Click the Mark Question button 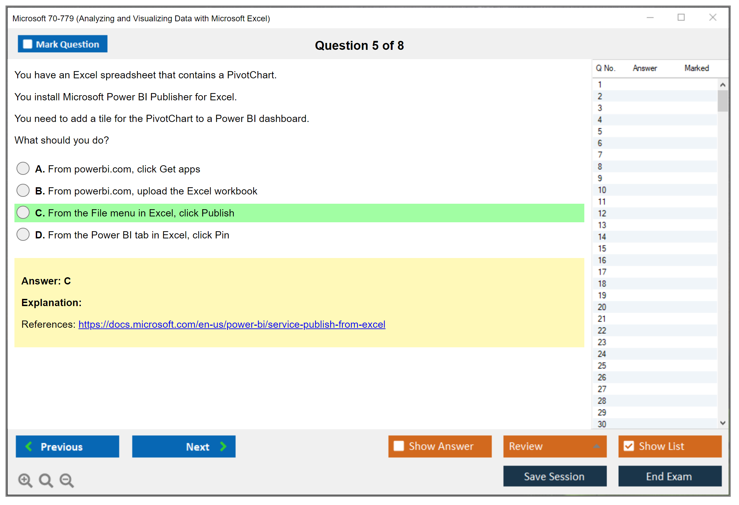coord(63,44)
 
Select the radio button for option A coord(23,169)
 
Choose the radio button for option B coord(23,190)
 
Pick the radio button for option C coord(23,213)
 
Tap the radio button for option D coord(23,235)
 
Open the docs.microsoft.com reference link coord(232,324)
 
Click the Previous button coord(67,447)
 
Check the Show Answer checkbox coord(399,446)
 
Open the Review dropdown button coord(555,447)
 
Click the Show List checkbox coord(629,446)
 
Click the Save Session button coord(555,476)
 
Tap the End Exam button coord(670,476)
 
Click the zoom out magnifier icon coord(67,480)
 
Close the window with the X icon coord(713,17)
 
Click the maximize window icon coord(681,17)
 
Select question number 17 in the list coord(602,272)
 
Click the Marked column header coord(697,68)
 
